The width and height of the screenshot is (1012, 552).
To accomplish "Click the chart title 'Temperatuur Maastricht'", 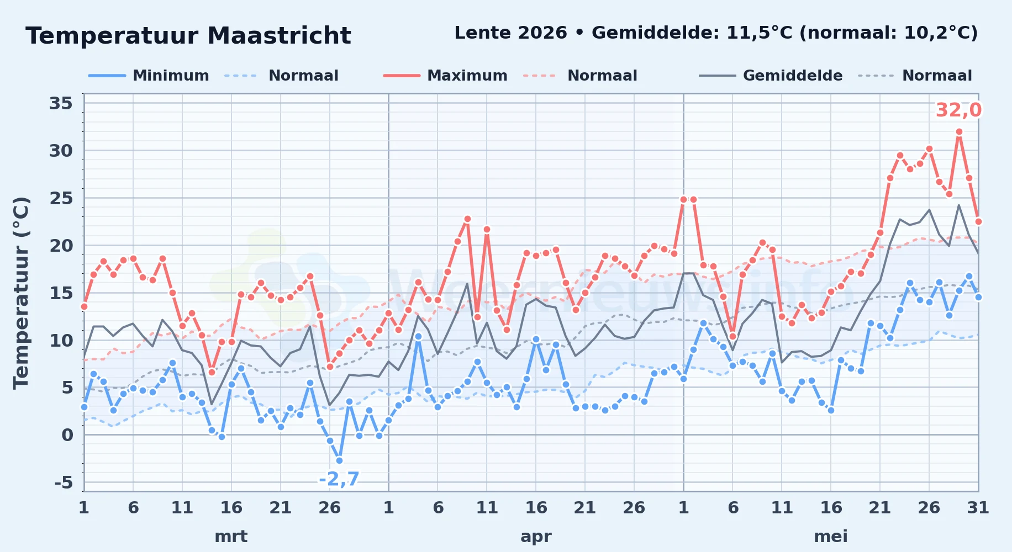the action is click(x=188, y=36).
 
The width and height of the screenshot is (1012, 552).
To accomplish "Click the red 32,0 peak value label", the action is click(x=958, y=110).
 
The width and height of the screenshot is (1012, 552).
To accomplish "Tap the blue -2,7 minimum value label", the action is click(x=339, y=479).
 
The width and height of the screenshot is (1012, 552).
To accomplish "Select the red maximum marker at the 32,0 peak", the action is click(x=959, y=132).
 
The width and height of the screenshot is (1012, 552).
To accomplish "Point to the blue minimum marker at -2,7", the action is click(x=339, y=460).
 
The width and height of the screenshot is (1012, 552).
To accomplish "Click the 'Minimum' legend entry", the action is click(x=149, y=76).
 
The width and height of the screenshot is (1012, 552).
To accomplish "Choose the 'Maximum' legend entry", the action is click(x=445, y=76).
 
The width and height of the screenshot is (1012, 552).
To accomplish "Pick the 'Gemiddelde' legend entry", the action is click(x=771, y=76).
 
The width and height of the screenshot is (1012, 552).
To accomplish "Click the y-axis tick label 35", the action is click(x=61, y=103).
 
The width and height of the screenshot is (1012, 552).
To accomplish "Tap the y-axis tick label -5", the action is click(x=64, y=482).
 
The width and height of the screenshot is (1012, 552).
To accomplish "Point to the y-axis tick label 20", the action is click(x=61, y=246).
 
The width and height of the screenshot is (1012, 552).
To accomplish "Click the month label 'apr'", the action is click(x=536, y=537).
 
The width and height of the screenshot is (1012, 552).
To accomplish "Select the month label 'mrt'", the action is click(x=231, y=537).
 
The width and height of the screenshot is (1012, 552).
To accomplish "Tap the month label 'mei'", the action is click(x=831, y=537).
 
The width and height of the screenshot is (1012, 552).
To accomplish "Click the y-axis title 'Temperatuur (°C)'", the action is click(x=22, y=293).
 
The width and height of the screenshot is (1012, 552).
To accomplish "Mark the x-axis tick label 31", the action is click(x=978, y=508).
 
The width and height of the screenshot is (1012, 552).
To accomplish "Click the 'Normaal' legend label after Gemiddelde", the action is click(x=937, y=76).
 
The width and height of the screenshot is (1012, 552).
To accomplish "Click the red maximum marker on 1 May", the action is click(x=684, y=199).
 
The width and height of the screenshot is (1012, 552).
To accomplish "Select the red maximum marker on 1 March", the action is click(x=84, y=306).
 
